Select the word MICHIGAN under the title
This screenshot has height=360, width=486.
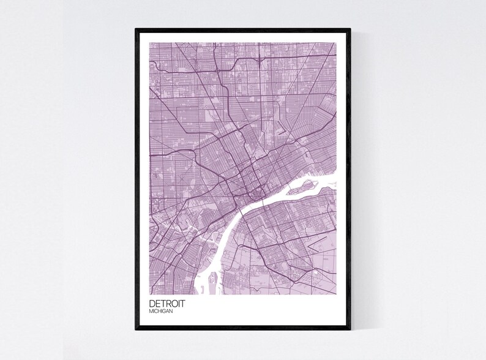point(160,312)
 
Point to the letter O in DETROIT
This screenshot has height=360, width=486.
point(176,304)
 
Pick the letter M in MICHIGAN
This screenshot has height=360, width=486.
point(151,312)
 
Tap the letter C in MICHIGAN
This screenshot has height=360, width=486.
point(155,312)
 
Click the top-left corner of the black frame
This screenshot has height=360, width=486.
point(136,29)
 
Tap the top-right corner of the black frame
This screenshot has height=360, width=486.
point(350,29)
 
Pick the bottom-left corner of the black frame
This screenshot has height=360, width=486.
point(136,329)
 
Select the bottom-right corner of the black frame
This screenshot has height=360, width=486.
point(350,329)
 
